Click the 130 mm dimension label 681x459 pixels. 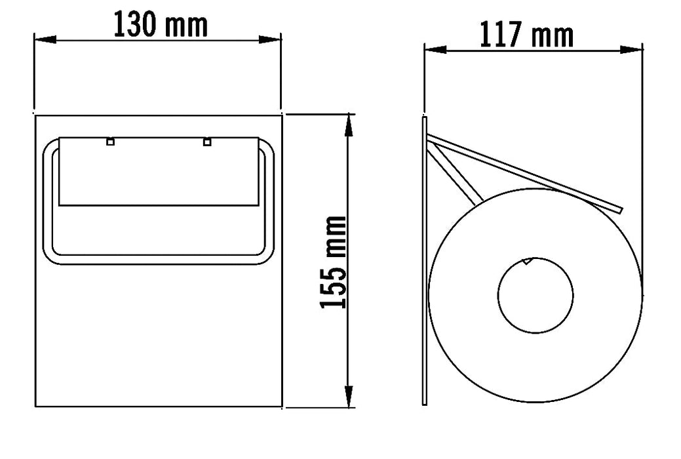[161, 25]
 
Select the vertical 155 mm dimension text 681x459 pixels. [334, 262]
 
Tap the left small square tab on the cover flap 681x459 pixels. [110, 141]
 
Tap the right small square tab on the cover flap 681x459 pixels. [207, 141]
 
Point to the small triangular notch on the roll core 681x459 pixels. [527, 260]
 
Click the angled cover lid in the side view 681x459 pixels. [524, 173]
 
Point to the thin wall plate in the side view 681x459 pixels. [425, 262]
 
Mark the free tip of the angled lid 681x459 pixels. [619, 209]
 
